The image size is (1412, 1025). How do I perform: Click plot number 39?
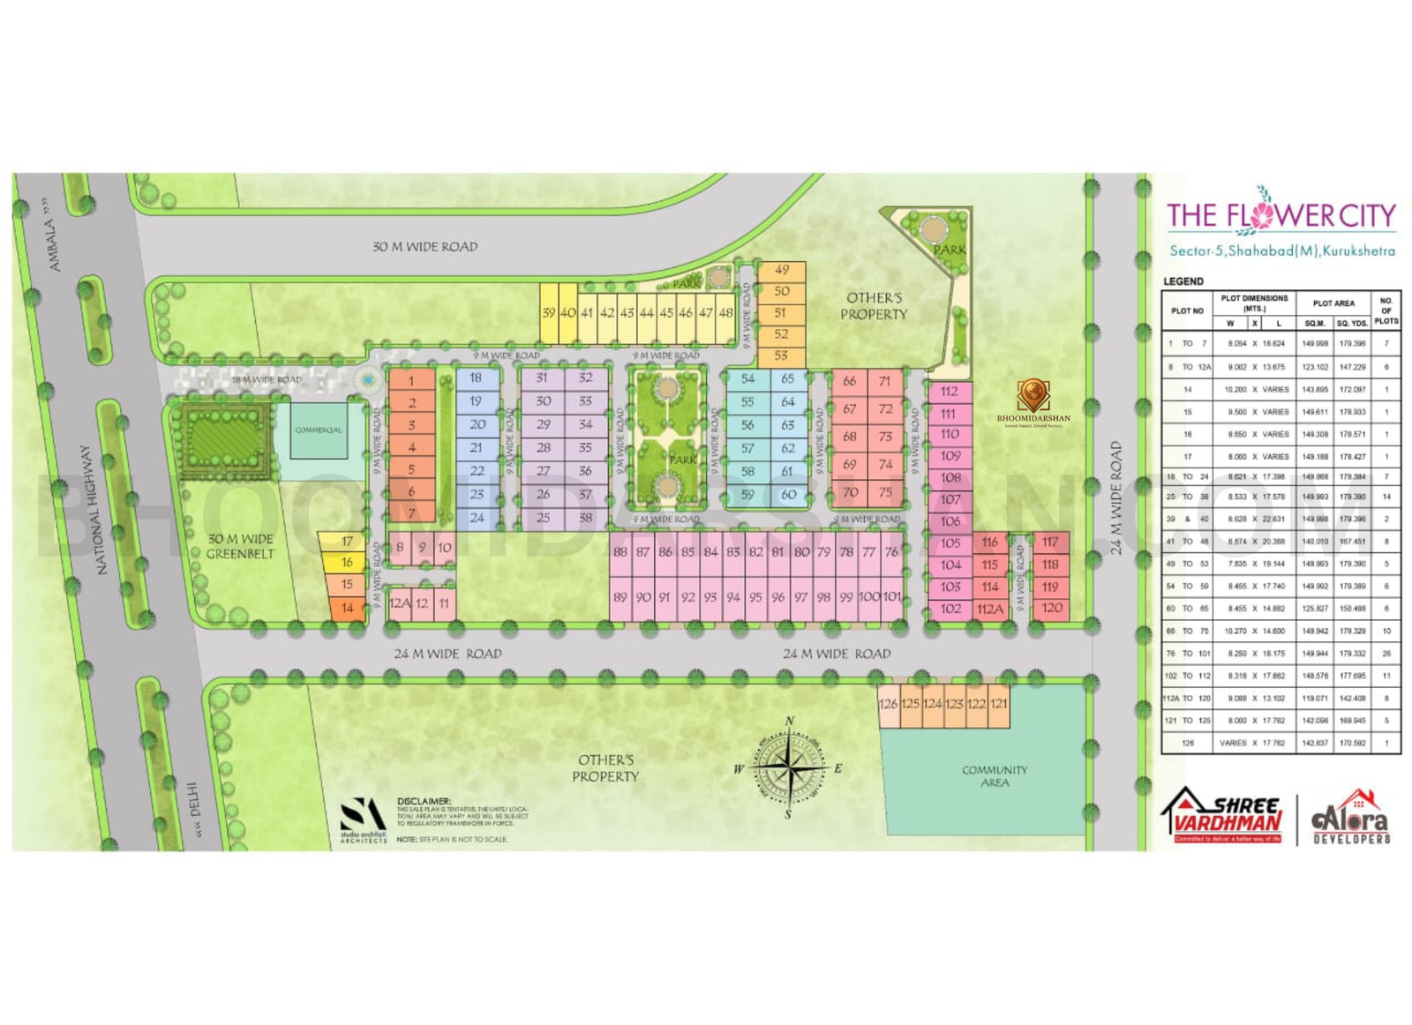tap(548, 313)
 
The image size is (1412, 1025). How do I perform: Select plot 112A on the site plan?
tap(990, 609)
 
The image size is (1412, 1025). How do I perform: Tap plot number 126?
tap(888, 704)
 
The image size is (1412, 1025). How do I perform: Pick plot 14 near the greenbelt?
tap(347, 608)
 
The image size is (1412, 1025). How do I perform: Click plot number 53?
tap(781, 356)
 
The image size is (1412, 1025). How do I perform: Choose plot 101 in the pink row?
tap(892, 597)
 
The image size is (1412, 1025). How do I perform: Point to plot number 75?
tap(885, 492)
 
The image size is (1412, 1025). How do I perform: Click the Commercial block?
tap(319, 430)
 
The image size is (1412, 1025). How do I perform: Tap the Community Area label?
tap(995, 776)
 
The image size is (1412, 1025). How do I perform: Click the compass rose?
tap(788, 767)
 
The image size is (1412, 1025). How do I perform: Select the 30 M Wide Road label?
tap(424, 247)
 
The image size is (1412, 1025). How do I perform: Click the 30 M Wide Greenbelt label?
tap(240, 546)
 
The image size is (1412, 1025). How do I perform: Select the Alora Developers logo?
tap(1351, 818)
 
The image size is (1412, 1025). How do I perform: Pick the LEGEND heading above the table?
tap(1183, 281)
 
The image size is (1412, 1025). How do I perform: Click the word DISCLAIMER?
tap(424, 801)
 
